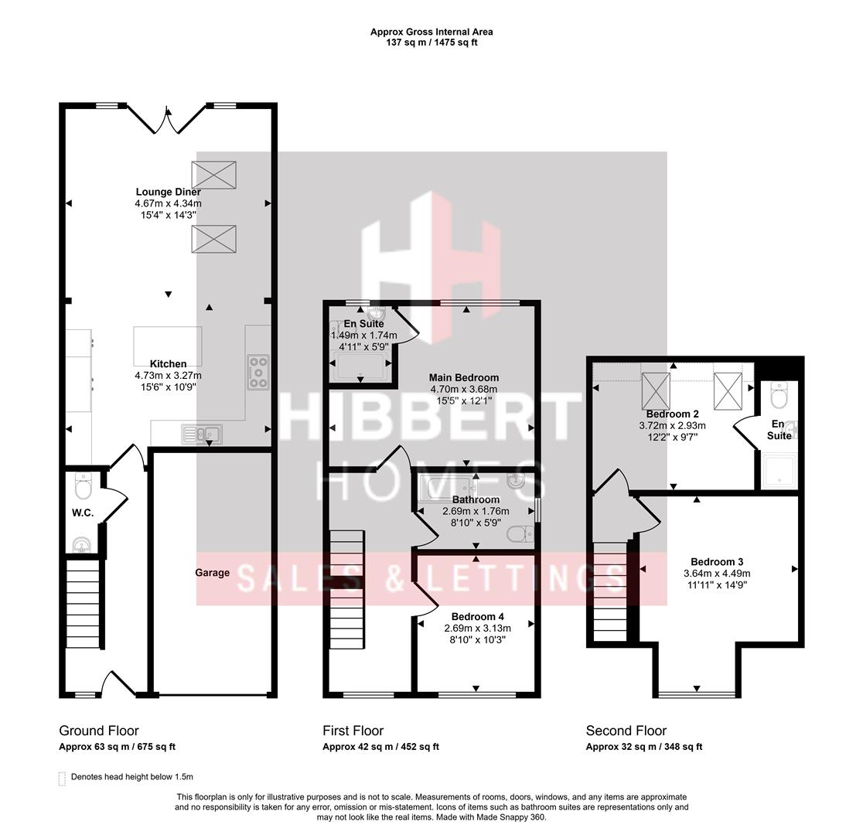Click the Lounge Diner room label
[168, 192]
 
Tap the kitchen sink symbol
[201, 434]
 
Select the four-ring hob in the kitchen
[258, 371]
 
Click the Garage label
[212, 573]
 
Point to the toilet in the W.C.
[84, 487]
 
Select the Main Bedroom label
[463, 378]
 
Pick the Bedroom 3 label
[716, 561]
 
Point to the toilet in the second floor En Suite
[779, 397]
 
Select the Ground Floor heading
[99, 731]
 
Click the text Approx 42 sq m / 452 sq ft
[380, 747]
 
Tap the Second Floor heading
[626, 731]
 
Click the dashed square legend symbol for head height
[63, 778]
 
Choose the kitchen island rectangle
[168, 346]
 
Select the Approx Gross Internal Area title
[431, 32]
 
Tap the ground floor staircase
[82, 603]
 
